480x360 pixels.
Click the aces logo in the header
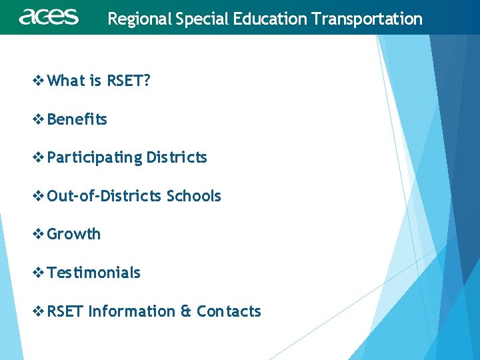pyautogui.click(x=49, y=17)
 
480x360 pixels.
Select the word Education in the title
pyautogui.click(x=276, y=19)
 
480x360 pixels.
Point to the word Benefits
pyautogui.click(x=77, y=119)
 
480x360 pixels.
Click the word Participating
pyautogui.click(x=95, y=158)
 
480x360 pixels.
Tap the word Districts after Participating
pyautogui.click(x=177, y=158)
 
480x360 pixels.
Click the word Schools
pyautogui.click(x=193, y=196)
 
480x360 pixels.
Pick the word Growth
pyautogui.click(x=74, y=234)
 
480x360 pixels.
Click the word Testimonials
pyautogui.click(x=94, y=273)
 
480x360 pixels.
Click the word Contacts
pyautogui.click(x=229, y=311)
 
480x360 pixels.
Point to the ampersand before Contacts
pyautogui.click(x=186, y=311)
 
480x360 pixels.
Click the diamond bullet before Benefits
pyautogui.click(x=39, y=120)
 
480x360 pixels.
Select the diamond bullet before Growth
pyautogui.click(x=39, y=235)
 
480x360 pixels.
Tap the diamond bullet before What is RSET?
pyautogui.click(x=39, y=81)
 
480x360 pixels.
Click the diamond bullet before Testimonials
pyautogui.click(x=39, y=273)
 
